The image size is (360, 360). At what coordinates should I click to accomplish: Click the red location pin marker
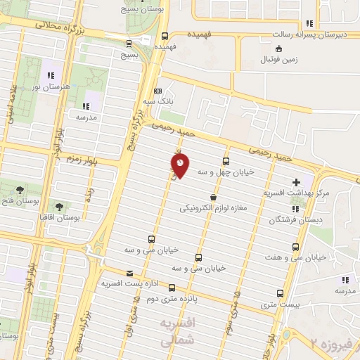click(180, 166)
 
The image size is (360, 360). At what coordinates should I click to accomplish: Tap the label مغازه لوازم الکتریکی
click(212, 208)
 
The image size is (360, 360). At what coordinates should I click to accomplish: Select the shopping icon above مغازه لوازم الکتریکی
click(213, 198)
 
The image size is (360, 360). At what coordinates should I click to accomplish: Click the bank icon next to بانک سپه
click(157, 91)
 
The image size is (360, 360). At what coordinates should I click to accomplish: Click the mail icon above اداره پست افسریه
click(129, 273)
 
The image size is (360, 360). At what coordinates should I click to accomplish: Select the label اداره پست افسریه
click(127, 283)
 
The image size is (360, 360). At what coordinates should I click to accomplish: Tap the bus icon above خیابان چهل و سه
click(226, 160)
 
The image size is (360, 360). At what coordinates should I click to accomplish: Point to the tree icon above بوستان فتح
click(20, 190)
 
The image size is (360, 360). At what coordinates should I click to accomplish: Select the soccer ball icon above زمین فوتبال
click(279, 49)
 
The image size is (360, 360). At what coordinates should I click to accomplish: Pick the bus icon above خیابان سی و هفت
click(295, 247)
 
